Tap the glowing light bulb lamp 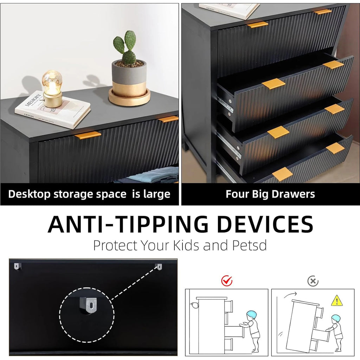point(52,89)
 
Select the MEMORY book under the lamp point(53,110)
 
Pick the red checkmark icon point(227,281)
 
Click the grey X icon point(313,281)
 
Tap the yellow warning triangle point(337,301)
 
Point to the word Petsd point(249,245)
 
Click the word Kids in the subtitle point(186,245)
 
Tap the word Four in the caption point(237,194)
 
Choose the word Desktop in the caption point(30,194)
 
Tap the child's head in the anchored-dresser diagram point(251,315)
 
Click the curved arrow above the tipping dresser point(290,295)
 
